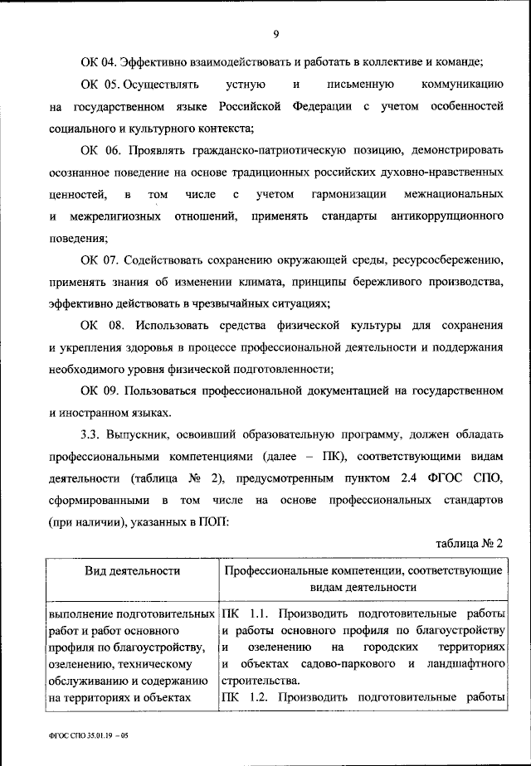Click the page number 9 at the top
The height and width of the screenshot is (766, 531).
(275, 34)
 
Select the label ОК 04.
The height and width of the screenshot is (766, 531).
(98, 62)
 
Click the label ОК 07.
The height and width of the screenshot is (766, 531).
(98, 259)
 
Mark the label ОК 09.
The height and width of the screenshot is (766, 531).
(98, 390)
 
